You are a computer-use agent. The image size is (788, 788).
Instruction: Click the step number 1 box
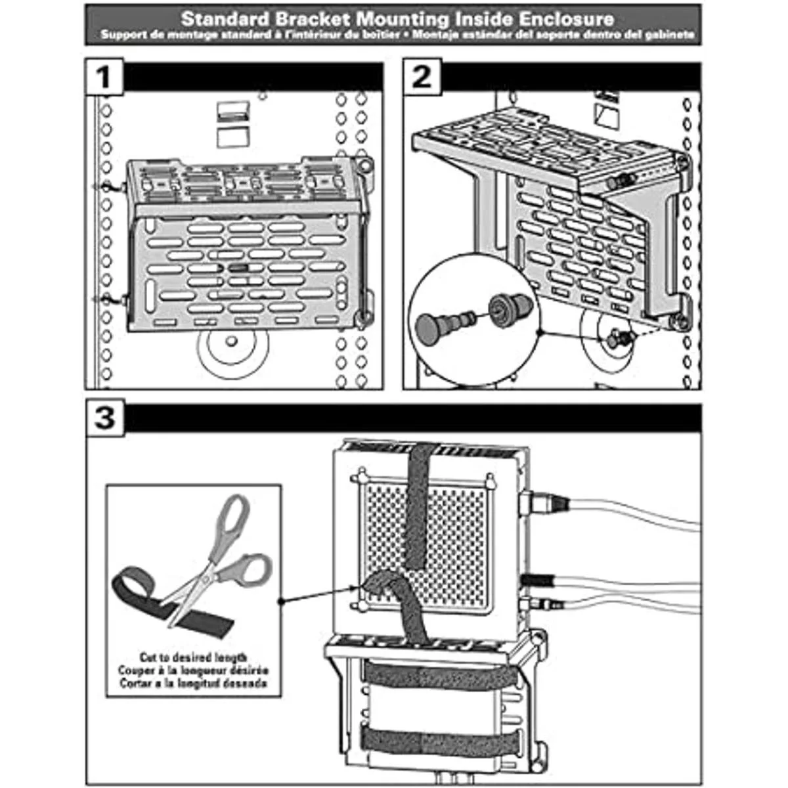[x=104, y=78]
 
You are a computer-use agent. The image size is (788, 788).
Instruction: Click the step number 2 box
[x=422, y=78]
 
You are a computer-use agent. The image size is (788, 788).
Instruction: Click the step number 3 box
[x=105, y=418]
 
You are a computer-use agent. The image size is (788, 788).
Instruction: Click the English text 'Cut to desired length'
[x=193, y=657]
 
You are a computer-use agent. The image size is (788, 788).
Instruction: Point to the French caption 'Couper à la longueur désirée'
[x=193, y=670]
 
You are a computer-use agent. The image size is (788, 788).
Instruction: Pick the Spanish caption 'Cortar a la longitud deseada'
[x=193, y=683]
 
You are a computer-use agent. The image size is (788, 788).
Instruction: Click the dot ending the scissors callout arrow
[x=281, y=600]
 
